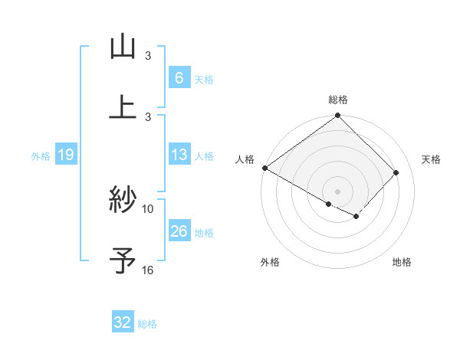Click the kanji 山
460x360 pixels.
(x=123, y=47)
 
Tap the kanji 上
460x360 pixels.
(x=123, y=106)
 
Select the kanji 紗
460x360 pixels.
(x=123, y=201)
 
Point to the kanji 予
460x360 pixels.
(x=123, y=260)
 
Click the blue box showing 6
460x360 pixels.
(x=179, y=77)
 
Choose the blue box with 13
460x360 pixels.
(x=179, y=155)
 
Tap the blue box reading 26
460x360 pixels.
(x=179, y=231)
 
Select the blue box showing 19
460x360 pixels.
(x=65, y=155)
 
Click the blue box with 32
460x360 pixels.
(x=123, y=322)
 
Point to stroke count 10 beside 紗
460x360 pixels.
(x=148, y=208)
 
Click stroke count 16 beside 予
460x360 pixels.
(x=148, y=270)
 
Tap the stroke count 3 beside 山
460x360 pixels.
(x=148, y=56)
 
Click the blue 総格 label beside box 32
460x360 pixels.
(x=147, y=324)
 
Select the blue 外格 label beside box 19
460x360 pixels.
(x=41, y=156)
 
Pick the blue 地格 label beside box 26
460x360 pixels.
(x=204, y=233)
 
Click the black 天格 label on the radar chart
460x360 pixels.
(x=432, y=159)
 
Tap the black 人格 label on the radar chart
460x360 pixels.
(x=244, y=159)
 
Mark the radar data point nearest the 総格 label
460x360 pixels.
(x=337, y=116)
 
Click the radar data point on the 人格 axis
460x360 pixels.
(x=264, y=168)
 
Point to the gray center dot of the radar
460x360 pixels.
(x=337, y=191)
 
